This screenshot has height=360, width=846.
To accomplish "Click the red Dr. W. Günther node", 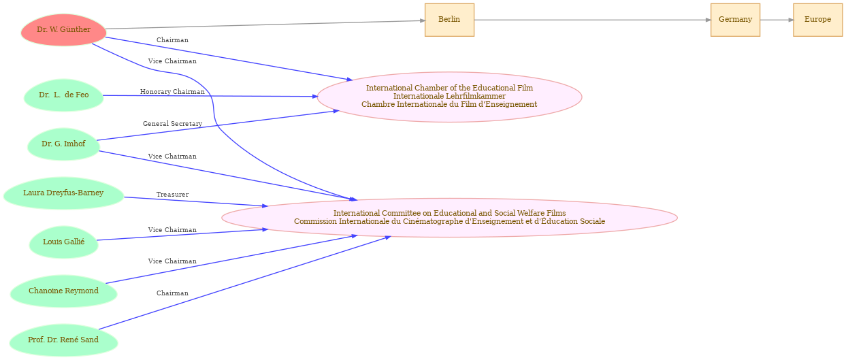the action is click(63, 30).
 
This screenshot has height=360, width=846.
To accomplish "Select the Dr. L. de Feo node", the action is click(63, 95).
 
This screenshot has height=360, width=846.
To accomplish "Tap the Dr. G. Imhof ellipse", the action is click(63, 144).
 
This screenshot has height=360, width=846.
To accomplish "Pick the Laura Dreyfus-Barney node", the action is click(63, 193).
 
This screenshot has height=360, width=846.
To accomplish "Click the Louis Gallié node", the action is click(63, 242).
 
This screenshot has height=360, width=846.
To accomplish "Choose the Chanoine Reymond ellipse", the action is click(63, 291).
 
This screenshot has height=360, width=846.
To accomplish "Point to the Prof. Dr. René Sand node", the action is click(63, 340).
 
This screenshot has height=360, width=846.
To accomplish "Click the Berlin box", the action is click(449, 20).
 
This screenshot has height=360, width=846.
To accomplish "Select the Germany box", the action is click(735, 20).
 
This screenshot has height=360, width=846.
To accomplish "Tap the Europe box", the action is click(817, 20).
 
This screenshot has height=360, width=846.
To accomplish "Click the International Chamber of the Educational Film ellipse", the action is click(449, 97).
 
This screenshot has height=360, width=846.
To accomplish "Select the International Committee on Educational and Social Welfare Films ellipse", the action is click(449, 218).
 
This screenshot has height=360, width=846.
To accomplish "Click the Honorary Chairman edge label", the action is click(172, 92).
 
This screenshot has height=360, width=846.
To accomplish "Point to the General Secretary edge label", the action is click(172, 124).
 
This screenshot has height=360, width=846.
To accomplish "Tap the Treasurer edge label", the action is click(172, 195).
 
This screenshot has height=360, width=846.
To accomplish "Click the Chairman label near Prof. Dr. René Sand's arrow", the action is click(172, 293).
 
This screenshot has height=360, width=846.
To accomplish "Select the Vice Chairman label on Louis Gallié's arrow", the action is click(172, 230).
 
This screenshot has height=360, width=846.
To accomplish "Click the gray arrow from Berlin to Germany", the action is click(592, 20).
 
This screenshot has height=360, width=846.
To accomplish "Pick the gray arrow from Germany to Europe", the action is click(777, 20).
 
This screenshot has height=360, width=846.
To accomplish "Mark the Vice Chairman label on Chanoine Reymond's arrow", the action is click(172, 261).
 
